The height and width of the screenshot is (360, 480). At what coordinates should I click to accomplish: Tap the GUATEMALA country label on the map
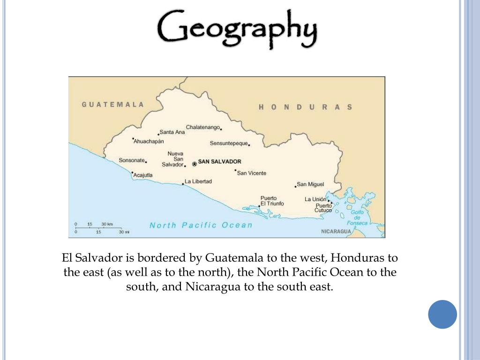[113, 105]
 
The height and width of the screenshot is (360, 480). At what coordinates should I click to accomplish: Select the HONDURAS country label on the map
[305, 107]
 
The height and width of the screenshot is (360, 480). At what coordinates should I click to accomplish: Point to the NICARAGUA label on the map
[336, 232]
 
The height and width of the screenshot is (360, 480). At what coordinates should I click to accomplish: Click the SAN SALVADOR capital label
[219, 162]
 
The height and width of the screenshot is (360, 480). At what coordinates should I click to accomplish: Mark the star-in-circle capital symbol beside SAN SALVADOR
[195, 164]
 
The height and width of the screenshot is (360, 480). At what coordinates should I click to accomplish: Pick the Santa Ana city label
[172, 132]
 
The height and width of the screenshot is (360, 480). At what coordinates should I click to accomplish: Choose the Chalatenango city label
[202, 127]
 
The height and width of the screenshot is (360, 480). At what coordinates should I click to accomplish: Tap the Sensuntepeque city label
[228, 143]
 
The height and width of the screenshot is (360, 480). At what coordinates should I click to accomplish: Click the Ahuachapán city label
[149, 141]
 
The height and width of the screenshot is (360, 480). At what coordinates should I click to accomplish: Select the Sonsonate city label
[132, 160]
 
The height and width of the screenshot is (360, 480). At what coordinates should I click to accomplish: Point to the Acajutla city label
[143, 175]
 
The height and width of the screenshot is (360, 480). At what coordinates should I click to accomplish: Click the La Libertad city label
[198, 181]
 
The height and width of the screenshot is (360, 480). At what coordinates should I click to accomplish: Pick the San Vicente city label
[252, 173]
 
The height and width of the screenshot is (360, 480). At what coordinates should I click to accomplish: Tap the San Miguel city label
[310, 184]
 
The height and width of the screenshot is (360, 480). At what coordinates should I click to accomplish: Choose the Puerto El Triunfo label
[272, 201]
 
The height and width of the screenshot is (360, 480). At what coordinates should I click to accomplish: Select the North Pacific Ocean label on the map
[201, 225]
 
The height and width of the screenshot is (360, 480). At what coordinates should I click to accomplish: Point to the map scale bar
[98, 228]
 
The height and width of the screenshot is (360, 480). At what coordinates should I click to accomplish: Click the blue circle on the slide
[442, 314]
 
